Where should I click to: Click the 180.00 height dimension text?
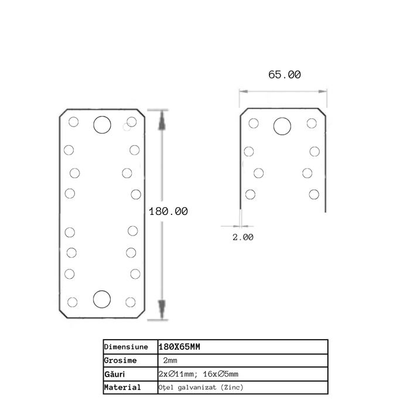(168, 211)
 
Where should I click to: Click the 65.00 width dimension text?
(285, 74)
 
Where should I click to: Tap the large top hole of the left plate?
(102, 124)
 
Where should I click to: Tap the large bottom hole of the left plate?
(102, 299)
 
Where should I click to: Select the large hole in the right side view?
(282, 125)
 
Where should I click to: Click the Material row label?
(122, 388)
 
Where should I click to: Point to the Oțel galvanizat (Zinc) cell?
(200, 388)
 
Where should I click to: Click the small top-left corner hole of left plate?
(73, 122)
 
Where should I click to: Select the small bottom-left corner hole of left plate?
(73, 302)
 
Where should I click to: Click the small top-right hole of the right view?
(312, 123)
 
